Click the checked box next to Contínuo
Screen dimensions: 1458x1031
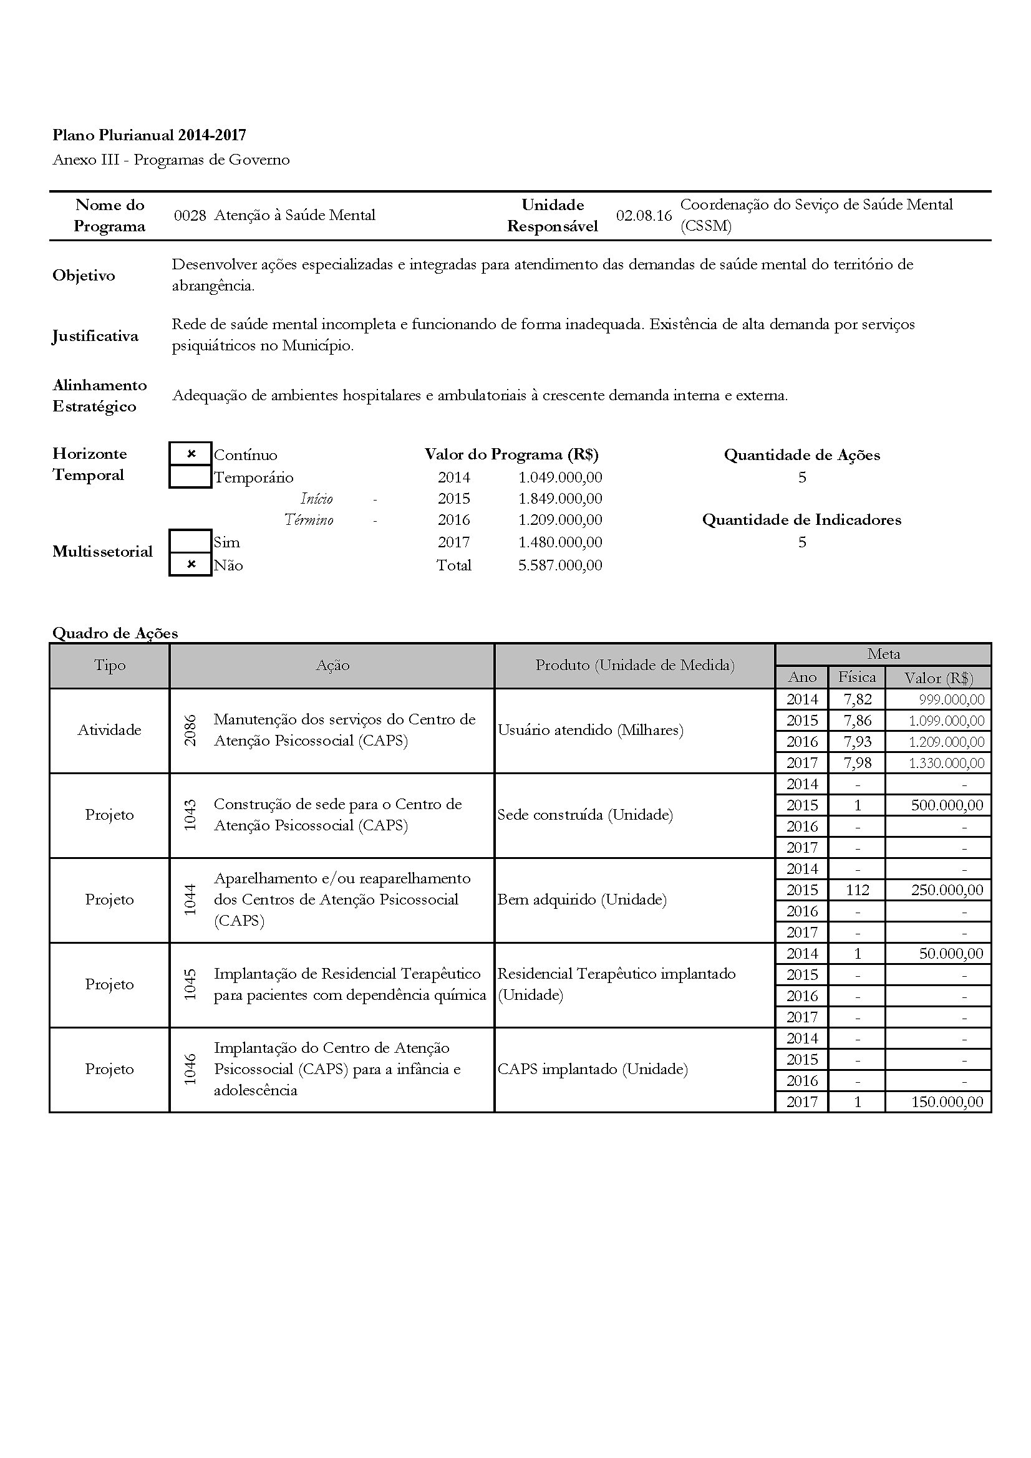(191, 454)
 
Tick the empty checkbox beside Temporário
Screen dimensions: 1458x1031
(191, 477)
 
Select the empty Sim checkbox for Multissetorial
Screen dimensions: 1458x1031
(191, 542)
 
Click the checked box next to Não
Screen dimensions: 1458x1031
(191, 565)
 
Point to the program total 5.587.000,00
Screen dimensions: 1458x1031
(559, 565)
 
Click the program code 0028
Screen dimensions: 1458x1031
(190, 215)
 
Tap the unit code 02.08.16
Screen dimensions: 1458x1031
(644, 215)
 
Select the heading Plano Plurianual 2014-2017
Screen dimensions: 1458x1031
(149, 135)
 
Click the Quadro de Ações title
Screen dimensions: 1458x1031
(115, 633)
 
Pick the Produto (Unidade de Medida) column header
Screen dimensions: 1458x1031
(634, 666)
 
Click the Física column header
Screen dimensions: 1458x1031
(856, 677)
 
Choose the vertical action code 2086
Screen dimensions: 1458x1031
(190, 731)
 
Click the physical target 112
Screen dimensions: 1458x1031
(857, 890)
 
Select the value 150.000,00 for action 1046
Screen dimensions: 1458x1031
(947, 1101)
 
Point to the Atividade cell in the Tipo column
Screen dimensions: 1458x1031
(109, 731)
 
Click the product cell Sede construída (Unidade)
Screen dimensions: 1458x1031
(584, 815)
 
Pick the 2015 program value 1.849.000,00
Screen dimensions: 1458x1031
(559, 499)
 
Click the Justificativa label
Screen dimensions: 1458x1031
(95, 336)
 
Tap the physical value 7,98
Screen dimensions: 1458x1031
(857, 762)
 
